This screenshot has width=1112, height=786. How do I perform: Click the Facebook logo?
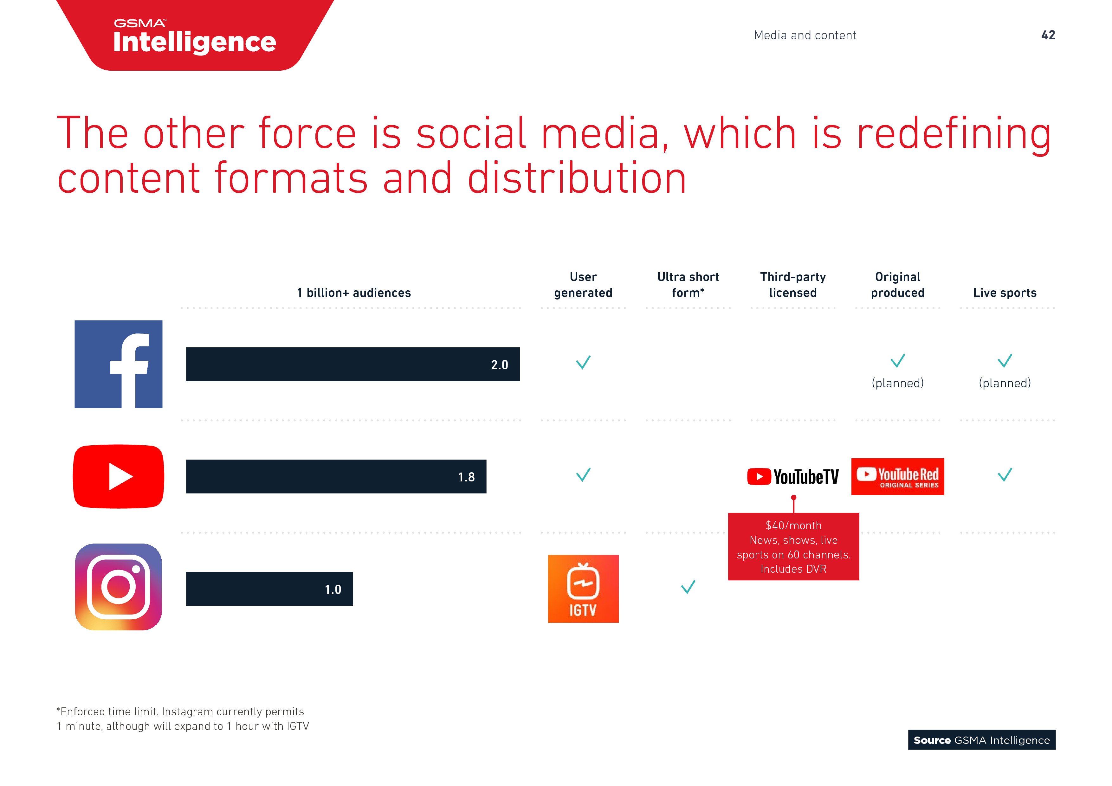[118, 364]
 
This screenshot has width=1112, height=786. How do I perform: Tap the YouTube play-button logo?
[119, 477]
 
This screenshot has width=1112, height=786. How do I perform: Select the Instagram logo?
[119, 587]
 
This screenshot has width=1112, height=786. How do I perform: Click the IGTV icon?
[583, 589]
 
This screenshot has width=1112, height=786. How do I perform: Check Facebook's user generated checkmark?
[583, 362]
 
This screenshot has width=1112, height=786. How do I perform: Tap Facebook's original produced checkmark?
[898, 361]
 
